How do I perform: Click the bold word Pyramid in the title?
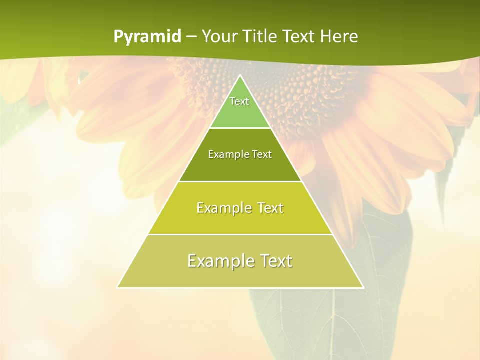point(147,37)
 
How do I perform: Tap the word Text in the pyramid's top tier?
point(239,101)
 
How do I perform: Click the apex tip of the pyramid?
point(240,75)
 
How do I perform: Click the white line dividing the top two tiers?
point(240,128)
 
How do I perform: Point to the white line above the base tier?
point(240,234)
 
